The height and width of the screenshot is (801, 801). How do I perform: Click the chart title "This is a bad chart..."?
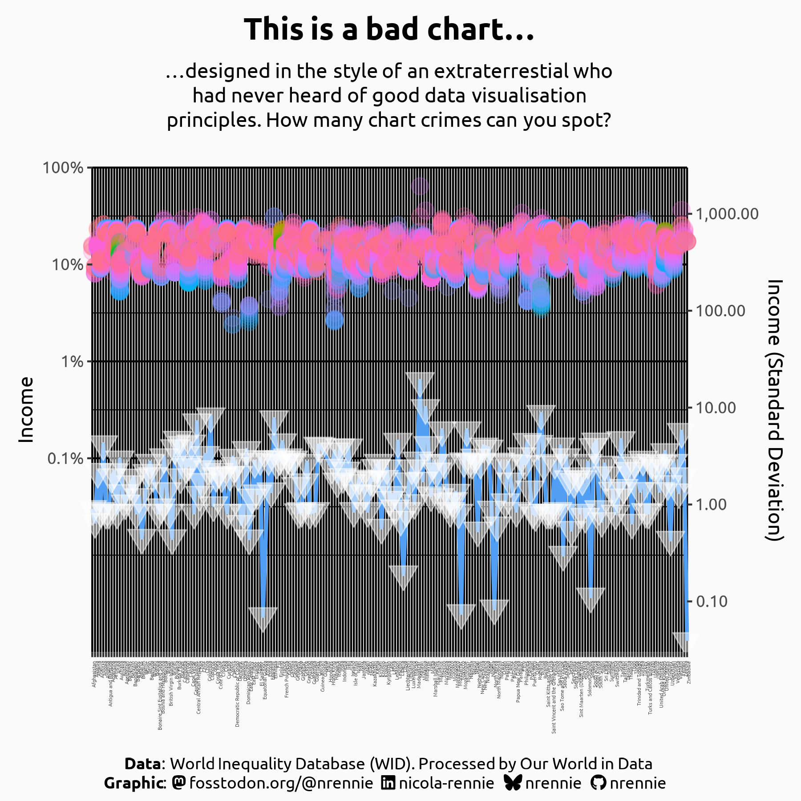pos(389,29)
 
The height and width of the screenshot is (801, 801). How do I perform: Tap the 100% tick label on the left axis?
pos(63,168)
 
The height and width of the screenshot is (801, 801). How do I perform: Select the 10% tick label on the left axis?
pos(68,265)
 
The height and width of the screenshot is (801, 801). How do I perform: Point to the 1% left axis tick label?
pos(72,361)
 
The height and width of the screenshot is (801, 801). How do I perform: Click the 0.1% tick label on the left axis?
pos(65,458)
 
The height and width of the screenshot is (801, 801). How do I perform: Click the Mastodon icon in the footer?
pos(179,783)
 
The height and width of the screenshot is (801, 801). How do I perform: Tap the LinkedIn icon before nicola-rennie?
pos(388,783)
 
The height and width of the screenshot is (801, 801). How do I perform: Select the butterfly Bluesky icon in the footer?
pos(514,783)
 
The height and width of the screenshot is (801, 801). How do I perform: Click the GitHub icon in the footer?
pos(599,783)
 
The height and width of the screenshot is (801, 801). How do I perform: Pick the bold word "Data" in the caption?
pos(142,764)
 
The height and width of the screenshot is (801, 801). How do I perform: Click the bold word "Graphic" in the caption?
pos(133,783)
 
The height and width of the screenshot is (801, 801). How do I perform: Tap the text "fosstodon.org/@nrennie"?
pos(281,783)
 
